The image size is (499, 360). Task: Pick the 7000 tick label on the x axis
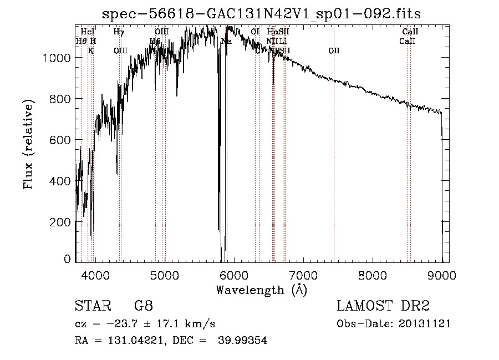303,273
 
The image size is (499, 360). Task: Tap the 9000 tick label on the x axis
442,273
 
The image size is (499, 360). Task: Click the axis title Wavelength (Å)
261,290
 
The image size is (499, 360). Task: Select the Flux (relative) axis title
28,144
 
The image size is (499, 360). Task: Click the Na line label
226,42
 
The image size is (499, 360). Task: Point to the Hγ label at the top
119,32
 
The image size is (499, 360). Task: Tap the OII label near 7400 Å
334,51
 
